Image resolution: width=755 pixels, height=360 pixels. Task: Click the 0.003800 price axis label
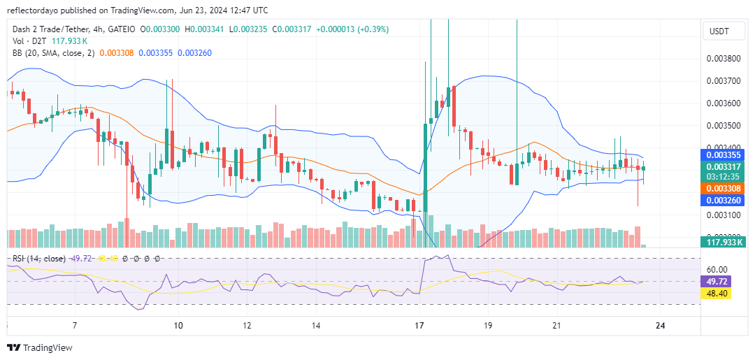pyautogui.click(x=722, y=59)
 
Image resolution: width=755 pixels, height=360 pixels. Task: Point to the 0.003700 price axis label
pyautogui.click(x=722, y=81)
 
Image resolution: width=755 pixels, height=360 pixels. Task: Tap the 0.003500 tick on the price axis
pyautogui.click(x=722, y=126)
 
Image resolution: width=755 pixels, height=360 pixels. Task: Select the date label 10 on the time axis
pyautogui.click(x=178, y=326)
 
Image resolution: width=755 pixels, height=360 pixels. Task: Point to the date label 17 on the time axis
pyautogui.click(x=419, y=326)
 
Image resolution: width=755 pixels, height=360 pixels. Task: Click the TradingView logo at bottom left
pyautogui.click(x=40, y=347)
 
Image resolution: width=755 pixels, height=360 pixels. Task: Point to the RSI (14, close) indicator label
pyautogui.click(x=39, y=259)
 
